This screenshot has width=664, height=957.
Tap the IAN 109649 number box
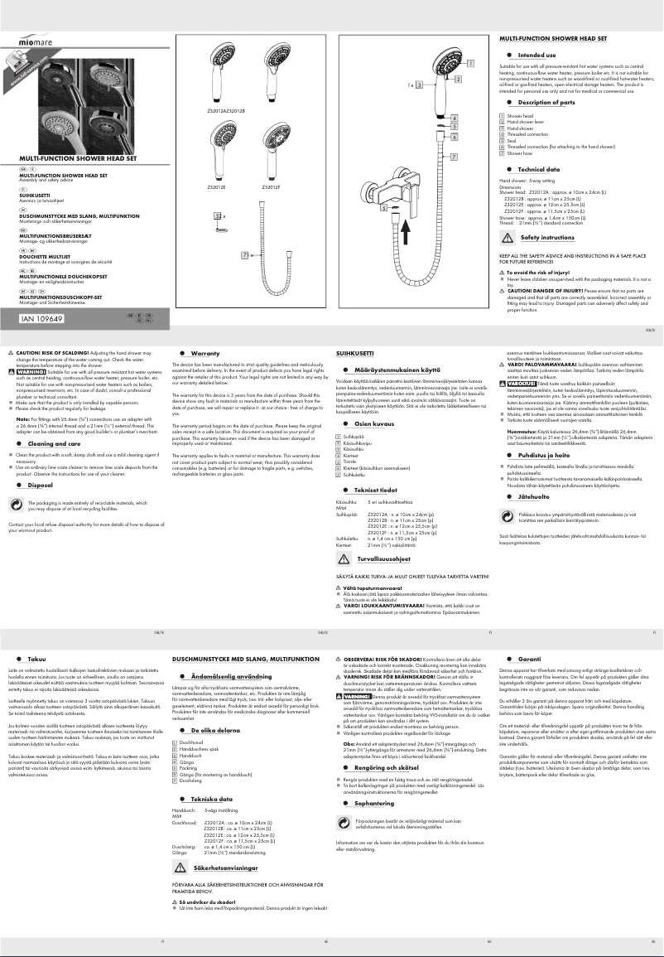(x=44, y=317)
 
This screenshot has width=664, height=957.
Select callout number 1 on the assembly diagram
(x=470, y=63)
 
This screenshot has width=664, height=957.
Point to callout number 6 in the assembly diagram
(x=455, y=136)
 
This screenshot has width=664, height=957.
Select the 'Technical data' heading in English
(x=539, y=168)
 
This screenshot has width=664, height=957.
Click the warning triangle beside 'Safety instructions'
(x=506, y=238)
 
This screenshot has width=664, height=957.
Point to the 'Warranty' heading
(x=204, y=353)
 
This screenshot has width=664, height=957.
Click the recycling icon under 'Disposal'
(x=17, y=502)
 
